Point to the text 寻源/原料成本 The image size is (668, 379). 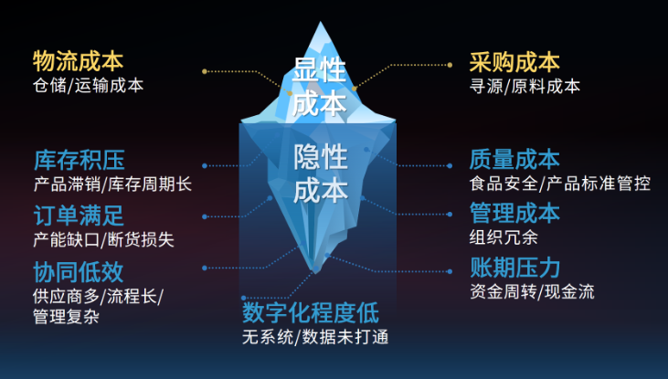525,86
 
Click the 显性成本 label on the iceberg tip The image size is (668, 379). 321,85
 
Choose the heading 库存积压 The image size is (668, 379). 78,160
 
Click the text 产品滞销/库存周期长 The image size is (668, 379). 111,184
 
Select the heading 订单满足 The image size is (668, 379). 78,216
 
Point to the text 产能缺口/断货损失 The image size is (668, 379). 102,239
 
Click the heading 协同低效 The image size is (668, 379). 78,271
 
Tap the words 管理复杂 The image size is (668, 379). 66,317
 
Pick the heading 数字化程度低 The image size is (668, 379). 310,312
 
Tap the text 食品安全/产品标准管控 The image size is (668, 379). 559,184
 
